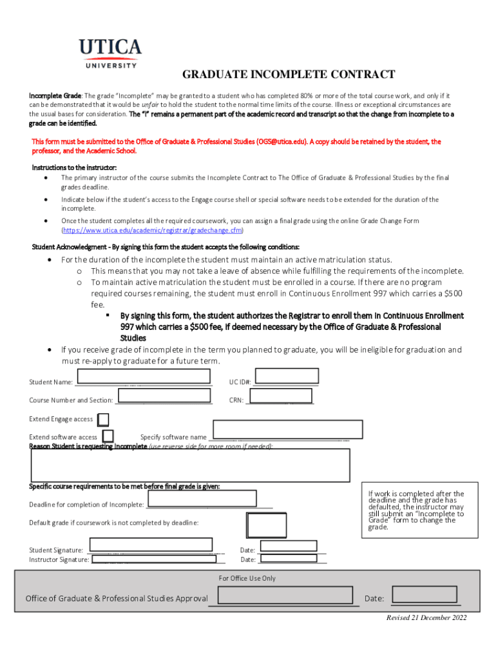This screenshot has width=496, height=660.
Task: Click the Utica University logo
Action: [110, 52]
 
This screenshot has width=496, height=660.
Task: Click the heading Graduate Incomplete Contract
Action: [289, 75]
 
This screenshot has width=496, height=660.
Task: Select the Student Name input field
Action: [142, 376]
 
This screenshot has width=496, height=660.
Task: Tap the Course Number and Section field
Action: [165, 396]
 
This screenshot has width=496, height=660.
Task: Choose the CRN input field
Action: [281, 396]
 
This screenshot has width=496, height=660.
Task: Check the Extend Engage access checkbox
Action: [103, 420]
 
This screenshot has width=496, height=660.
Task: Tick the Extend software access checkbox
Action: [109, 437]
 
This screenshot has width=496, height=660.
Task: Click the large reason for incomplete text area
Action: [191, 465]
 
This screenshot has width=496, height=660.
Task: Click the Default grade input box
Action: [267, 525]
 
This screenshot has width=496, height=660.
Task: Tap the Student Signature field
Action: [153, 545]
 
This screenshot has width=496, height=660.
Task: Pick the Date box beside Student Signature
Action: [287, 545]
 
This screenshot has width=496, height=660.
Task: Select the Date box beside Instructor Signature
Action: [287, 559]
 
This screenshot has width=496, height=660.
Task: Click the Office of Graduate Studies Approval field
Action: [287, 596]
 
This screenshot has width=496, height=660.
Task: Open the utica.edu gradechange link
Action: [152, 230]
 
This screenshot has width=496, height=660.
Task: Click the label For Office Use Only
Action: [247, 578]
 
